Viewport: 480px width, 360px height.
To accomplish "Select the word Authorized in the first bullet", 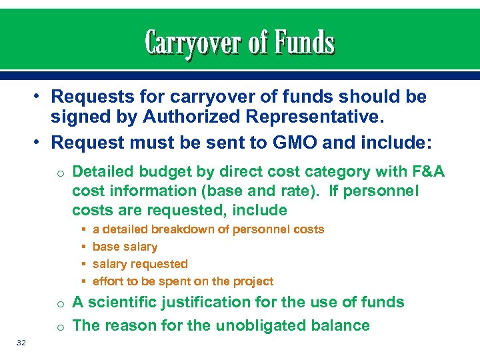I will [175, 119].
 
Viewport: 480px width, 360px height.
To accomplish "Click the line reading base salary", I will [125, 247].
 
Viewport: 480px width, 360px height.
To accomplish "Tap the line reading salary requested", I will [140, 264].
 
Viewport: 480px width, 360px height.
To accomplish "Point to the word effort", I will [107, 281].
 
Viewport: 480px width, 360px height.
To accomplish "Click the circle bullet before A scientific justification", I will [60, 304].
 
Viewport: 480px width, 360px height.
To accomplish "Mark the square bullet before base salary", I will [82, 247].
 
